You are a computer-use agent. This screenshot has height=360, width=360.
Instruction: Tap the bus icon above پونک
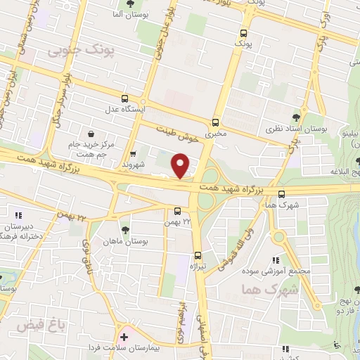click(x=243, y=33)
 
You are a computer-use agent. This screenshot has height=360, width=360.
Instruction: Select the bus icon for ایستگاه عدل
click(x=124, y=99)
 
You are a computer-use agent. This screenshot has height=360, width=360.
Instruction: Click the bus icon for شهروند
click(x=134, y=155)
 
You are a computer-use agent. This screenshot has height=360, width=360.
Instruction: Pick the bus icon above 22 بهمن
click(x=176, y=210)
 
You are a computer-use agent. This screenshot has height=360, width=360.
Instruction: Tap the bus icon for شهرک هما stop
click(x=282, y=194)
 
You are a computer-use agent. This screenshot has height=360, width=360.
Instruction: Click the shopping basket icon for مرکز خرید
click(x=91, y=133)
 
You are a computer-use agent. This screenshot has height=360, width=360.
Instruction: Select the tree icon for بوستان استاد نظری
click(x=296, y=117)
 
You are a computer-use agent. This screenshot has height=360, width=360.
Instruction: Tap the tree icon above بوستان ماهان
click(x=126, y=229)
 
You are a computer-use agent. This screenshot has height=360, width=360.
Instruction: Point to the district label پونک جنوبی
click(x=75, y=51)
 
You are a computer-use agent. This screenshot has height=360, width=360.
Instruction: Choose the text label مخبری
click(x=216, y=132)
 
